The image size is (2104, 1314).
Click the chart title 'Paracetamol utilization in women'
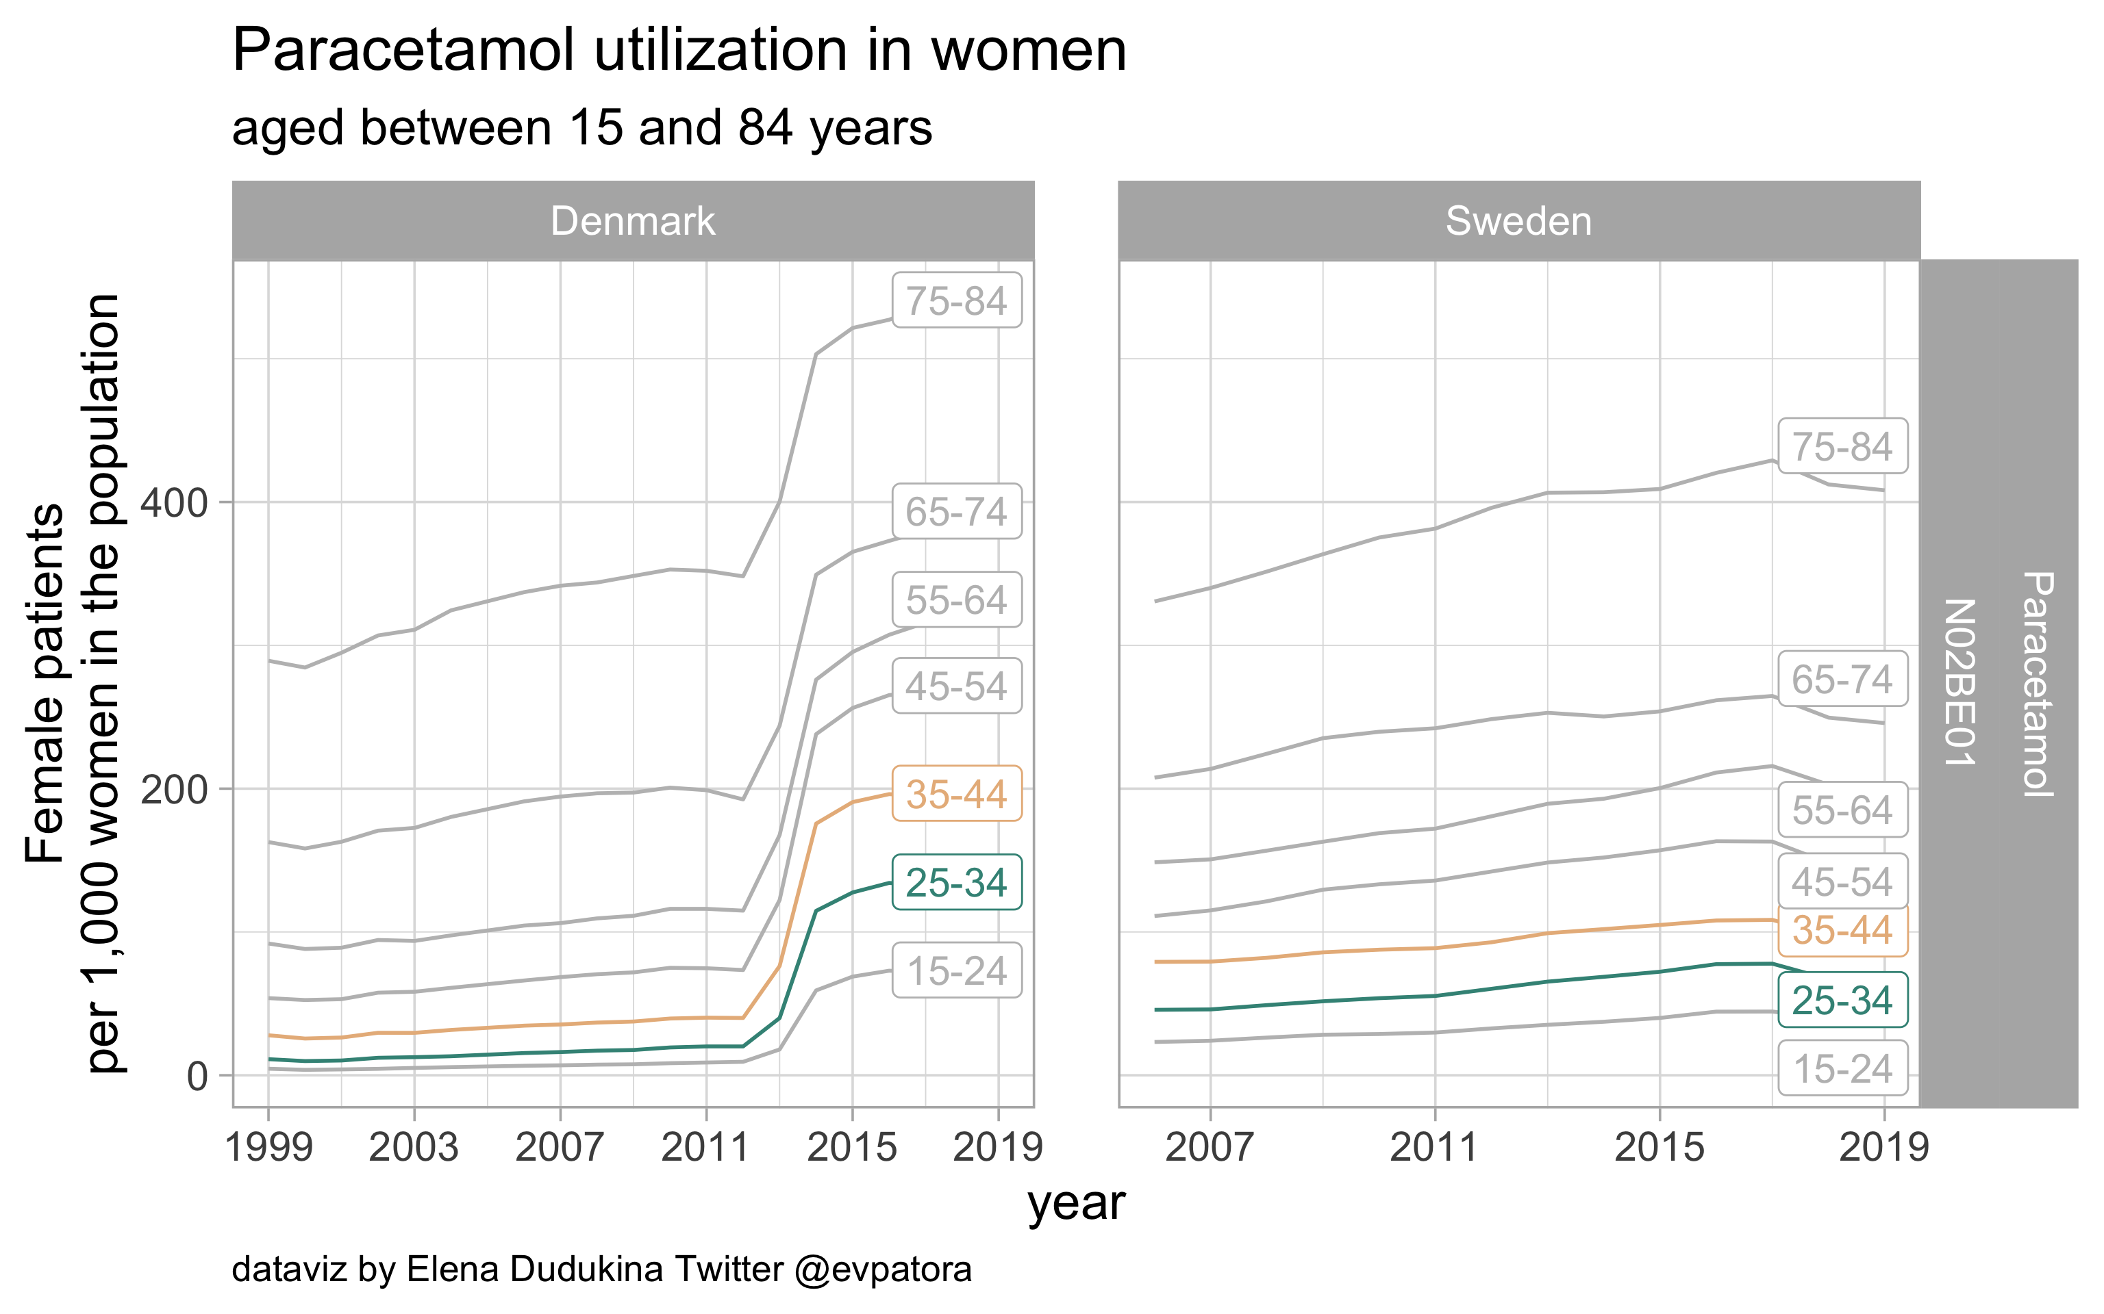click(x=679, y=51)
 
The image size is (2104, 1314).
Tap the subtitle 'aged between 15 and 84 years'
click(x=581, y=129)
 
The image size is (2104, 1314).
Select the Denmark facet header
click(x=633, y=222)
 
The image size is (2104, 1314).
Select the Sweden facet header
click(x=1518, y=222)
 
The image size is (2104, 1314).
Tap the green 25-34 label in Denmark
click(x=956, y=883)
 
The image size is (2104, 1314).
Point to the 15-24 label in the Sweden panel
click(x=1842, y=1069)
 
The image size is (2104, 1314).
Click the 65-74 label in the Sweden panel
click(x=1842, y=680)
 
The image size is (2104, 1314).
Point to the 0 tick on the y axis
click(x=197, y=1077)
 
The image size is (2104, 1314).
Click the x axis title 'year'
click(x=1077, y=1204)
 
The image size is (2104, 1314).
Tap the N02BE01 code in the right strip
click(x=1959, y=682)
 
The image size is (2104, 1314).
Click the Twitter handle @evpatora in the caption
click(x=884, y=1270)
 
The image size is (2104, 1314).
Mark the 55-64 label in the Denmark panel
click(x=956, y=600)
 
